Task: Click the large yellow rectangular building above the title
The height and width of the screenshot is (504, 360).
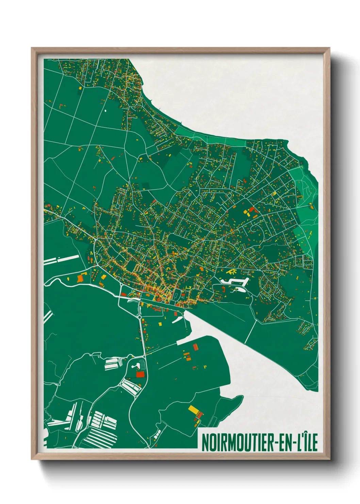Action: click(x=193, y=409)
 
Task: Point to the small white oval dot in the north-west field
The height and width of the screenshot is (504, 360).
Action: click(x=105, y=111)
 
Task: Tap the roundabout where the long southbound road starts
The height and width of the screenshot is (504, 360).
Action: click(x=140, y=317)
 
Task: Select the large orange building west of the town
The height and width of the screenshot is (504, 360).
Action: click(x=80, y=278)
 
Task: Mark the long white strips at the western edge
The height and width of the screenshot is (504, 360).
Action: click(x=61, y=259)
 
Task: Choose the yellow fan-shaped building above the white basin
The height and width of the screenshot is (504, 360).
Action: click(x=232, y=272)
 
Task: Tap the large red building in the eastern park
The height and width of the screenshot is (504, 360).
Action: click(x=252, y=210)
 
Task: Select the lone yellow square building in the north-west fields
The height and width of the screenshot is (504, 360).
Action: click(x=80, y=88)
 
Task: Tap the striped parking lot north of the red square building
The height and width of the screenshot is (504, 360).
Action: click(x=112, y=364)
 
